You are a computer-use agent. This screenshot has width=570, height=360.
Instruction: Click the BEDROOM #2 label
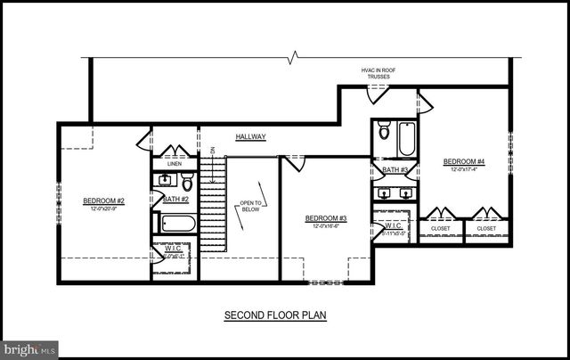(103, 200)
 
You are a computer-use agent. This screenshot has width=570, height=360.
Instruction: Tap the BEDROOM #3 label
(325, 218)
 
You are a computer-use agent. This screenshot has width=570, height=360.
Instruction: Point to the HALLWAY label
(251, 136)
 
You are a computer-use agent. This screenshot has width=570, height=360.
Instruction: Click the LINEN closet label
(174, 163)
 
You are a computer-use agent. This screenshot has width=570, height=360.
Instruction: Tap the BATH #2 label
(175, 200)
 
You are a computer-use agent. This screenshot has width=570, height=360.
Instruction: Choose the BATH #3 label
(395, 169)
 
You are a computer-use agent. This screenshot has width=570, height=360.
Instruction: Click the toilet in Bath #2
(188, 183)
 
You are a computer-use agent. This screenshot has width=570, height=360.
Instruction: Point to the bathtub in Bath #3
(406, 137)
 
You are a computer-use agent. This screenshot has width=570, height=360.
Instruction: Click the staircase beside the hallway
(211, 205)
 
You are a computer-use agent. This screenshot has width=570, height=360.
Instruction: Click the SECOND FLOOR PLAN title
(268, 315)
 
